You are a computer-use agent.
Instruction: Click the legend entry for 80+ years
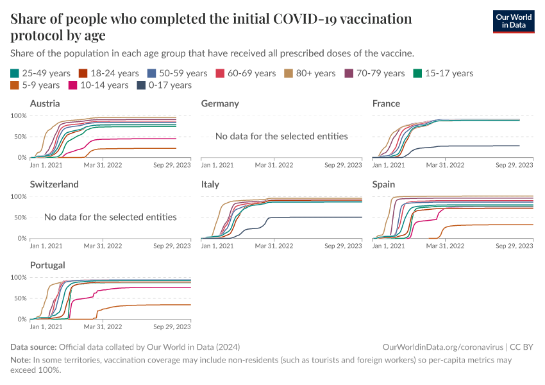[x=310, y=73]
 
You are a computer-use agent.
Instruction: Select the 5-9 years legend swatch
[x=16, y=85]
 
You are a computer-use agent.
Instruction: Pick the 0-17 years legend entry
[x=164, y=85]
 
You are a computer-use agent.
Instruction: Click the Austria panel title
[x=45, y=103]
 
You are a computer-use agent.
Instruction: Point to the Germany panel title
[x=220, y=103]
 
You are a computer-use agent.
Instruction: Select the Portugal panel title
[x=47, y=265]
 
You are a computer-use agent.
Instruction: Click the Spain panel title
[x=386, y=184]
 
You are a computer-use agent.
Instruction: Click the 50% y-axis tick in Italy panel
[x=192, y=217]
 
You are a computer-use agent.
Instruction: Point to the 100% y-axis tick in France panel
[x=361, y=116]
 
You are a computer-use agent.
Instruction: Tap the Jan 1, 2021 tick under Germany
[x=217, y=165]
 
